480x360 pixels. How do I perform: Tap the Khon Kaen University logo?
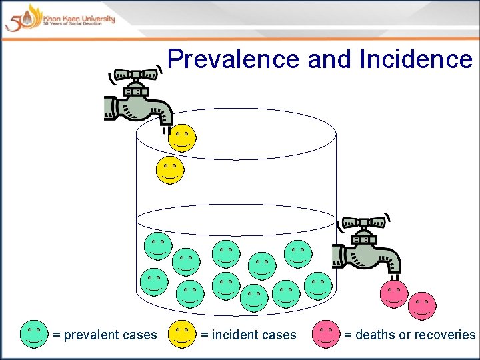coord(60,17)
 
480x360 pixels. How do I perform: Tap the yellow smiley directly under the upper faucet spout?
coord(182,138)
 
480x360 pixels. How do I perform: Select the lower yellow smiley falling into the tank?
coord(170,169)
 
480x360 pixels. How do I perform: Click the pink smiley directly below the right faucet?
coord(394,294)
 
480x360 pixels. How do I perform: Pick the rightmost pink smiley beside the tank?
coord(422,306)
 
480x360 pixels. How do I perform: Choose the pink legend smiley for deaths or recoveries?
coord(325,334)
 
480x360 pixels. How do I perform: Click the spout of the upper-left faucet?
coord(164,117)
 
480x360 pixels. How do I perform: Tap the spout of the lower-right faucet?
coord(394,267)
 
